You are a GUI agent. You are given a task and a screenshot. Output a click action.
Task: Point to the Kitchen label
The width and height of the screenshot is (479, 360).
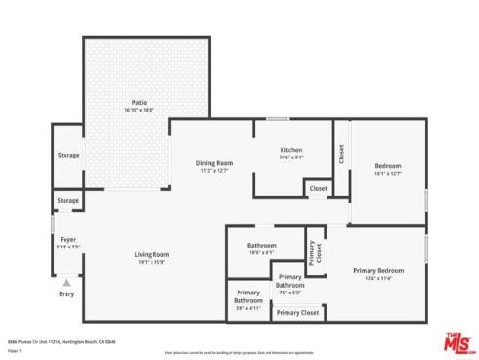click(x=291, y=150)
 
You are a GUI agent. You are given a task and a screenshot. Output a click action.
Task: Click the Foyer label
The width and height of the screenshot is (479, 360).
click(x=67, y=239)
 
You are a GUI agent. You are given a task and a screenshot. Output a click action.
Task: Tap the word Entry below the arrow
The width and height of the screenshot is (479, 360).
click(x=66, y=293)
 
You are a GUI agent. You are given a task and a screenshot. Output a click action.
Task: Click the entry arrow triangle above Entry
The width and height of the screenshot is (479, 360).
click(x=66, y=280)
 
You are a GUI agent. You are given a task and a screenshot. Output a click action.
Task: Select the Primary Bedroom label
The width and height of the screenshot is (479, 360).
click(x=378, y=270)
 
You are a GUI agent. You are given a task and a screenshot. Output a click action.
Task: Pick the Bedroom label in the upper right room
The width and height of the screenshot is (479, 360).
click(x=388, y=166)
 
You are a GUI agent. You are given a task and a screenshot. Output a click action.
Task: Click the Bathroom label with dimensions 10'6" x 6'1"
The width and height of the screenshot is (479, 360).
click(x=261, y=245)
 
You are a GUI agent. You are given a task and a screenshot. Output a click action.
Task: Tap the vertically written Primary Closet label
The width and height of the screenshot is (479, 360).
click(x=313, y=252)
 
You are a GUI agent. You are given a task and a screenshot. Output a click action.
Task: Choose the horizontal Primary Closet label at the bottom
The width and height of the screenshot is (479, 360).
click(x=297, y=313)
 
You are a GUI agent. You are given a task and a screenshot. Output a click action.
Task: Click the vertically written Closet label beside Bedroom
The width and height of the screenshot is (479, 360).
click(x=341, y=154)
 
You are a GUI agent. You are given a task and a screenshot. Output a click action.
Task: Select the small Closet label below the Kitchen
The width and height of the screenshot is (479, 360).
click(x=319, y=188)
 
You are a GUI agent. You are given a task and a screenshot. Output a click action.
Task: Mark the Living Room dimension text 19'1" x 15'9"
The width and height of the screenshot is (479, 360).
click(x=152, y=262)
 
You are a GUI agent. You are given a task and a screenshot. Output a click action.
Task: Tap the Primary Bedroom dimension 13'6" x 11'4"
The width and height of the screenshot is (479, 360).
click(x=378, y=278)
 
